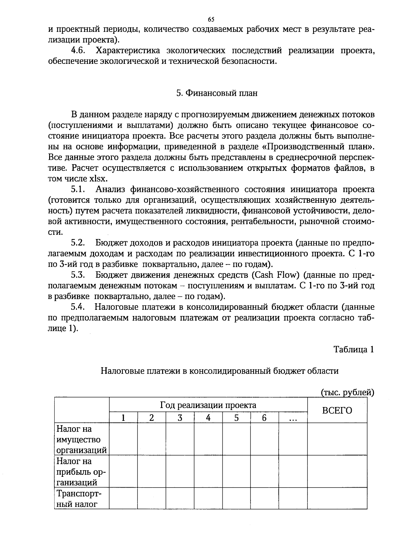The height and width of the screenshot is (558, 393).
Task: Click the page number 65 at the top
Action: point(211,19)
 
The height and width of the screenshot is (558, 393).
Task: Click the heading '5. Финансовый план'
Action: point(216,93)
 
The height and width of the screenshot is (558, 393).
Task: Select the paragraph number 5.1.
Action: point(78,190)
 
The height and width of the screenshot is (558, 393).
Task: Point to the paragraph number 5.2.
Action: point(78,243)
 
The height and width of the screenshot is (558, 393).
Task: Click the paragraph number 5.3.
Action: point(78,275)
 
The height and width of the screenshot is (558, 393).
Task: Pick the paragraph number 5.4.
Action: point(78,307)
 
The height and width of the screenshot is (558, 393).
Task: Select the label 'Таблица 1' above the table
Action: point(354,349)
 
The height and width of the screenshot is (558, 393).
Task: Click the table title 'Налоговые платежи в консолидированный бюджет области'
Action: point(219,371)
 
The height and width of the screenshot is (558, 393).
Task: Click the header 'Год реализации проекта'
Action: point(208,405)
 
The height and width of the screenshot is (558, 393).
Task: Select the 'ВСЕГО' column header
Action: point(337,410)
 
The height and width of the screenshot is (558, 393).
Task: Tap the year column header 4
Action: point(208,418)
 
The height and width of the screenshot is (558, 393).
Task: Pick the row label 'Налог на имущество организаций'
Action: point(82,439)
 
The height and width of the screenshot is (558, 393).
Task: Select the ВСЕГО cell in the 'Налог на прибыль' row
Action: point(337,472)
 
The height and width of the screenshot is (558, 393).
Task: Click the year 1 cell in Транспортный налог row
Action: point(123,498)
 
